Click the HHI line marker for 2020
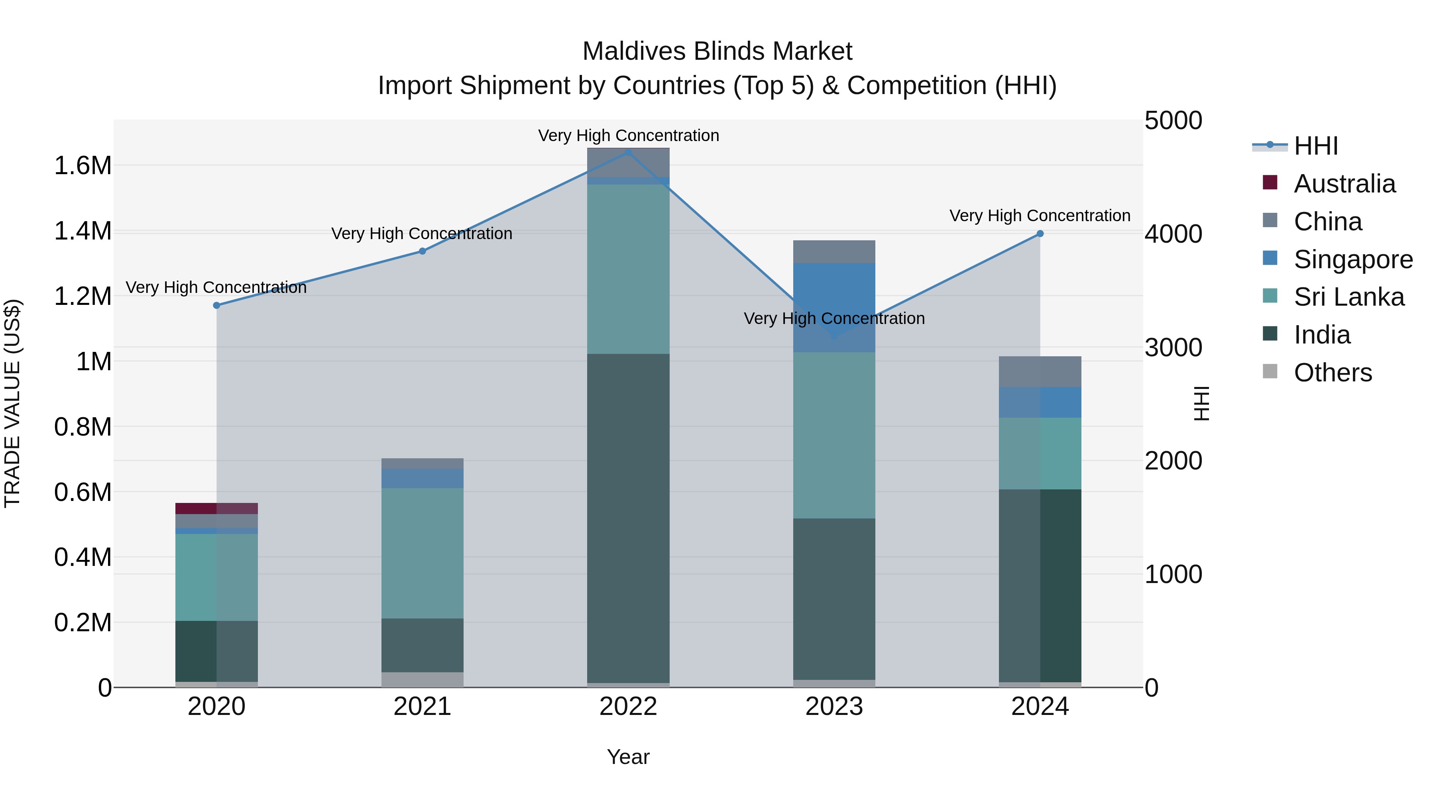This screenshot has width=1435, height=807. tap(217, 305)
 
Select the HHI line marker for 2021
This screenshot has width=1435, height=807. tap(422, 251)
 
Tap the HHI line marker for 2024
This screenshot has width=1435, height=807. tap(1040, 234)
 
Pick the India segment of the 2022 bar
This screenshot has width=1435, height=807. tap(628, 518)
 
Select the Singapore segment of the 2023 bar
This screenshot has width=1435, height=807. tap(834, 307)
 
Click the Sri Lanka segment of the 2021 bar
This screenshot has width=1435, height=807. tap(422, 553)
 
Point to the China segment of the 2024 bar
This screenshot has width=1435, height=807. tap(1040, 371)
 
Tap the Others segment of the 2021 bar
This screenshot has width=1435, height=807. tap(422, 679)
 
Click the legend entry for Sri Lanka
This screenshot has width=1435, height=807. tap(1349, 297)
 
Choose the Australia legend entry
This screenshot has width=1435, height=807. tap(1344, 184)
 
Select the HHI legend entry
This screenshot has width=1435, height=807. tap(1315, 146)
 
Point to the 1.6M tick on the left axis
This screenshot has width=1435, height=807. tap(83, 166)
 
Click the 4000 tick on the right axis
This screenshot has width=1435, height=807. tap(1173, 234)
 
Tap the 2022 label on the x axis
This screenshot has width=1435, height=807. tap(628, 707)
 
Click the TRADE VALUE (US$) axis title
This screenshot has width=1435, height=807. tap(12, 403)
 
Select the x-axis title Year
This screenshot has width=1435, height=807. tap(628, 757)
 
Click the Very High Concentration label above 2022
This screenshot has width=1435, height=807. tap(628, 135)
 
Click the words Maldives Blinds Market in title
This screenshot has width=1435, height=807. tap(717, 51)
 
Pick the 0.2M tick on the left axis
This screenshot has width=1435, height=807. tap(83, 622)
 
